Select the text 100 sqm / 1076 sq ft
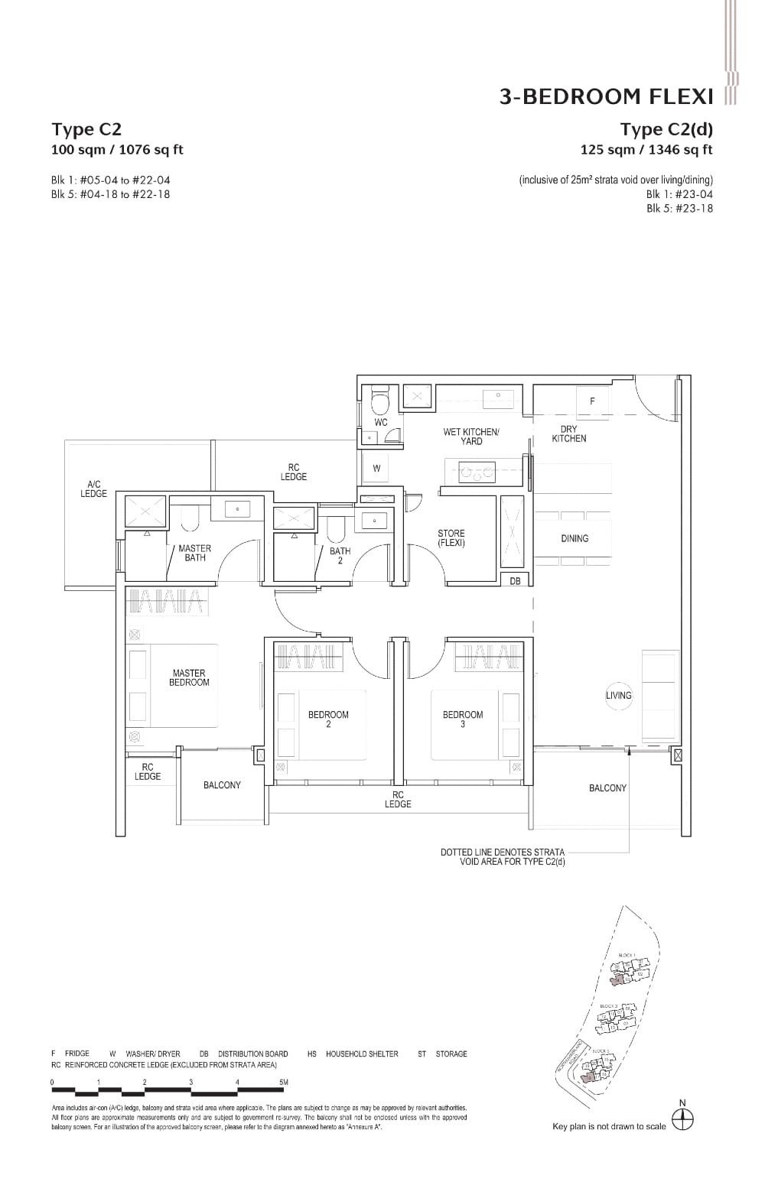117,150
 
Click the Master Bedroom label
188,677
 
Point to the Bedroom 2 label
328,719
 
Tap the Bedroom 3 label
463,719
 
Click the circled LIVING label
619,695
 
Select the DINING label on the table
575,538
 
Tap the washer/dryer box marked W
376,469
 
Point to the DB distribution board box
515,581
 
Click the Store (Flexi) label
451,538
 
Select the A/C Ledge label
94,489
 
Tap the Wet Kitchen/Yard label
471,437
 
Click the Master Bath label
194,553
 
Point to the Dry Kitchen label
569,434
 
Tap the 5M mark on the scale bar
283,1082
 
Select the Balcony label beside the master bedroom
222,785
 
